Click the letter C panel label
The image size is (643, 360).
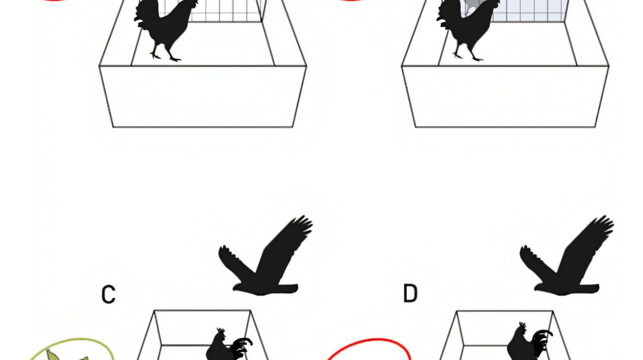[109, 294]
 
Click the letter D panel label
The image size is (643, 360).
[410, 293]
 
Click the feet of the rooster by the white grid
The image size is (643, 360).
[165, 57]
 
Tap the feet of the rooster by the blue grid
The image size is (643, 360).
[468, 56]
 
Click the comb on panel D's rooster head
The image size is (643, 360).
[523, 325]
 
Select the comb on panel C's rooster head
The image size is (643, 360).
[221, 331]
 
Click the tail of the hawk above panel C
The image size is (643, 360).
[287, 289]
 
